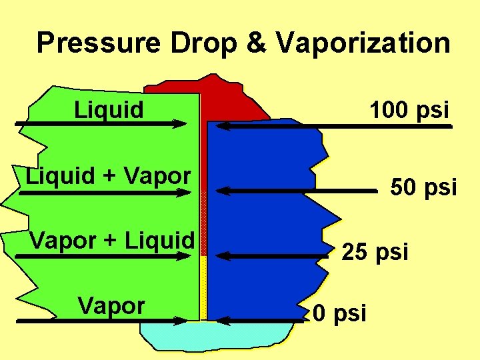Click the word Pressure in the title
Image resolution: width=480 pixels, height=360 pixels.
pyautogui.click(x=98, y=43)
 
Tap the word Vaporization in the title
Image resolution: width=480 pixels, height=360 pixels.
pyautogui.click(x=363, y=43)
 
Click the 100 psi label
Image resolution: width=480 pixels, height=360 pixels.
pyautogui.click(x=409, y=109)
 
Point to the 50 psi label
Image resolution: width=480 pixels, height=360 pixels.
pyautogui.click(x=423, y=188)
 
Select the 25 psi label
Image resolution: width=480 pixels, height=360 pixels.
pyautogui.click(x=375, y=252)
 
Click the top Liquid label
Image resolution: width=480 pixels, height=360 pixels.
pyautogui.click(x=109, y=109)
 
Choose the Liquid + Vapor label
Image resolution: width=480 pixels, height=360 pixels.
pyautogui.click(x=109, y=176)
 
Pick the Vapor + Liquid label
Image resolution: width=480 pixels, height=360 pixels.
pyautogui.click(x=112, y=240)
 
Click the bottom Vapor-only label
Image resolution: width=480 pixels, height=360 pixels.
pyautogui.click(x=111, y=306)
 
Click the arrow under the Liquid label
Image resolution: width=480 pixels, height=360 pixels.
pyautogui.click(x=101, y=123)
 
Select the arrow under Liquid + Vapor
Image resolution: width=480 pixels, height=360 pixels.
pyautogui.click(x=105, y=192)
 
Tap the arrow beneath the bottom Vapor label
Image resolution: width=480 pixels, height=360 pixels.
pyautogui.click(x=101, y=321)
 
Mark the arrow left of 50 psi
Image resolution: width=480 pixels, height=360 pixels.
pyautogui.click(x=297, y=191)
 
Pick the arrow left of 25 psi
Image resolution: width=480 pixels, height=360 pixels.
pyautogui.click(x=274, y=255)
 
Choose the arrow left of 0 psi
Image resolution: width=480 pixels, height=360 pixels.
pyautogui.click(x=263, y=321)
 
